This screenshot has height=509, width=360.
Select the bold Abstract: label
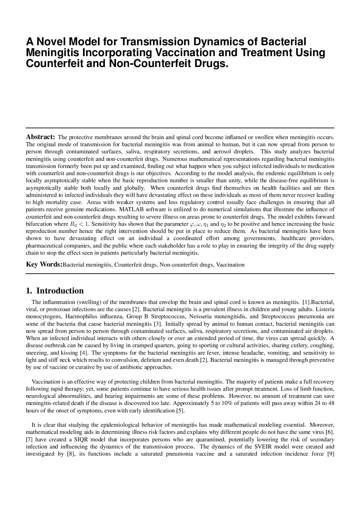pyautogui.click(x=40, y=137)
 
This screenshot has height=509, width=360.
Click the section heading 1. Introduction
pyautogui.click(x=55, y=291)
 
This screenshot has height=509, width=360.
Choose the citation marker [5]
pyautogui.click(x=180, y=410)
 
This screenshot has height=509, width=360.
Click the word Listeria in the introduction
pyautogui.click(x=325, y=309)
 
